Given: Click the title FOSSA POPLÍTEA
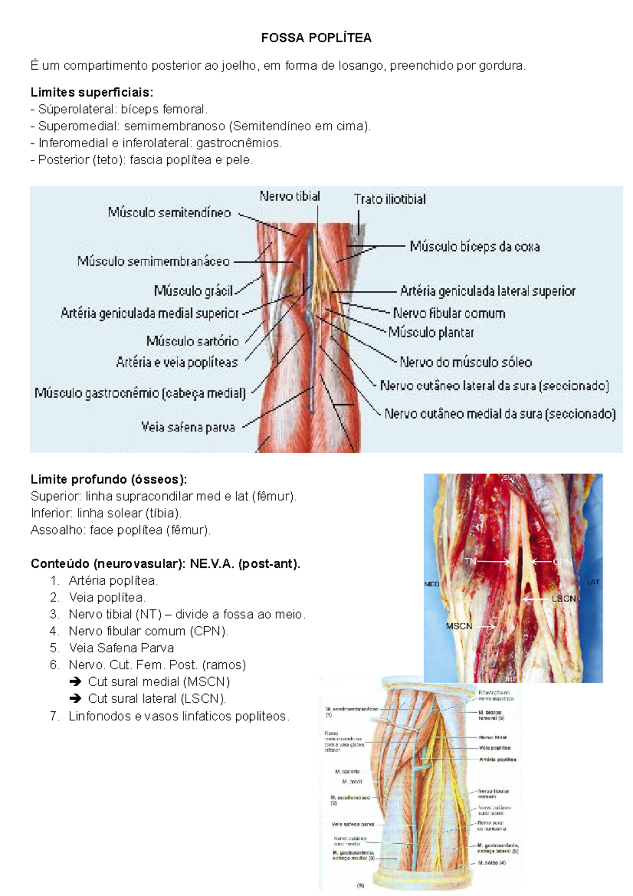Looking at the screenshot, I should (x=316, y=38).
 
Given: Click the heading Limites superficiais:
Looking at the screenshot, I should (x=92, y=92).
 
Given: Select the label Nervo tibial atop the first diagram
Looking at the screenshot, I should (x=290, y=197).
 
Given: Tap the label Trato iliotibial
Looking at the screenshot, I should (x=390, y=199).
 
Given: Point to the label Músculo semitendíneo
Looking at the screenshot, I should (x=169, y=213).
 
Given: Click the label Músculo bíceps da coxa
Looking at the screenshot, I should (x=475, y=246).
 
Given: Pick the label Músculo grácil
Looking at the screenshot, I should (x=193, y=291).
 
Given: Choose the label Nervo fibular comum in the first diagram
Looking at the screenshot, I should (x=449, y=313).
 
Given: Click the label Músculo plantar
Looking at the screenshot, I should (x=431, y=332).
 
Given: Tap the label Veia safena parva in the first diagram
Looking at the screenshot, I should (x=188, y=427).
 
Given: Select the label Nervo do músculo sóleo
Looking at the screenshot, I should (x=466, y=363).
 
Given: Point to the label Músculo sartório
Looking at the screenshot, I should (x=192, y=341).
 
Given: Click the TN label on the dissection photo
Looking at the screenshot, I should (x=470, y=561).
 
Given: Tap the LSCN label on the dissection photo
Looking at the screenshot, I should (x=563, y=599).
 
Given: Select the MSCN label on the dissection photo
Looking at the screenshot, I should (x=459, y=626).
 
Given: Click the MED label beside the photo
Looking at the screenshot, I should (x=431, y=584).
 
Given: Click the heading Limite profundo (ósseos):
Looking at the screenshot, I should (x=109, y=480).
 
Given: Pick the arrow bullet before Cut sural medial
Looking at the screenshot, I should (x=75, y=682).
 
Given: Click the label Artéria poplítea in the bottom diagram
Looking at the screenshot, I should (x=497, y=760).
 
